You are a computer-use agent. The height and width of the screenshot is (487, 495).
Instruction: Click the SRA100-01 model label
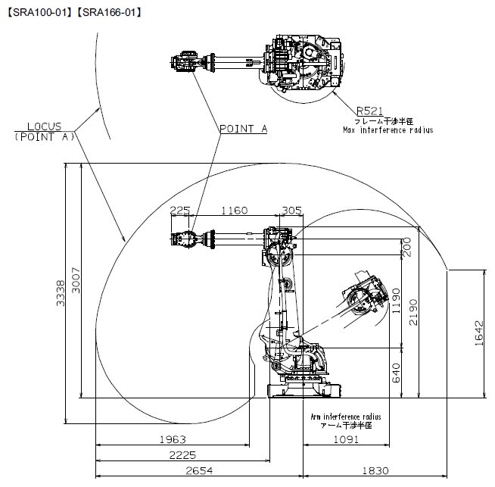click(40, 13)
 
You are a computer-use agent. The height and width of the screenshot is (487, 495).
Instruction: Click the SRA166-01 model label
click(109, 13)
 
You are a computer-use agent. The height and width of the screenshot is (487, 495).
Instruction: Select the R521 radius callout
click(369, 111)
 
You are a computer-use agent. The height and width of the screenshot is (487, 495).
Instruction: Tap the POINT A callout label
click(244, 129)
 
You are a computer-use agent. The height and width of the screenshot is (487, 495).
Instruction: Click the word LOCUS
click(44, 126)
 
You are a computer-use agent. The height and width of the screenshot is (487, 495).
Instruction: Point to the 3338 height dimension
click(61, 293)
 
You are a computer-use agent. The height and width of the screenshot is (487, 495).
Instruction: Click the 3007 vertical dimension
click(76, 280)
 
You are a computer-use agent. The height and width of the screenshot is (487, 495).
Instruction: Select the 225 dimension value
click(180, 211)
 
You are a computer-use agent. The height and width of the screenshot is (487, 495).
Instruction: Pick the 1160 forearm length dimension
click(234, 211)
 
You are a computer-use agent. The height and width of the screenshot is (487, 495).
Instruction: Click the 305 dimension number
click(292, 211)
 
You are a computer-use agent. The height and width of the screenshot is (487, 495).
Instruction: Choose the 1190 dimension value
click(396, 301)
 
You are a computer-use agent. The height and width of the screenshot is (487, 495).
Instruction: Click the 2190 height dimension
click(413, 312)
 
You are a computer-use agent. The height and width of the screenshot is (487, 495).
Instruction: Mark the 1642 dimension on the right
click(479, 333)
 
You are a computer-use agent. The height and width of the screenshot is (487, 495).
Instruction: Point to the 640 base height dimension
click(396, 373)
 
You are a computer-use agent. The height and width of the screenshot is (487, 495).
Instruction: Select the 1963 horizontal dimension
click(173, 439)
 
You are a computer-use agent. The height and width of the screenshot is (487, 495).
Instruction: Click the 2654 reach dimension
click(199, 471)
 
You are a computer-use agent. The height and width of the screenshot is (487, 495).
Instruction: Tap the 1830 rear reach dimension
click(375, 471)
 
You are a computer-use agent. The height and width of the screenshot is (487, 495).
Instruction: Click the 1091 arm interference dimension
click(347, 439)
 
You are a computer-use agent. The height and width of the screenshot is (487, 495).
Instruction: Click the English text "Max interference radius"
click(388, 130)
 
